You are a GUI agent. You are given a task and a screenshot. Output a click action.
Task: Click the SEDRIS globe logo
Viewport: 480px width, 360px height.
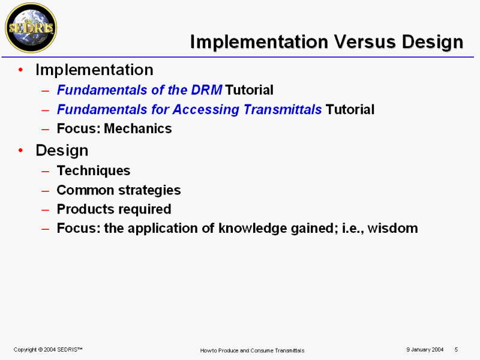tap(31, 28)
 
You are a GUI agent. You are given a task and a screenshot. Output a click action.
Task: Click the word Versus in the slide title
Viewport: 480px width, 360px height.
tap(365, 41)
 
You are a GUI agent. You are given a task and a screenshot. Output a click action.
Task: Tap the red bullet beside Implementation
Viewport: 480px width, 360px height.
tap(20, 70)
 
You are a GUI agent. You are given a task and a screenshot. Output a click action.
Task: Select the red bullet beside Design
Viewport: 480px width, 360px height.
tap(20, 151)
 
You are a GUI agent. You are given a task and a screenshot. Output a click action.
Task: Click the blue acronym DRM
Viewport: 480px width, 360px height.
tap(206, 90)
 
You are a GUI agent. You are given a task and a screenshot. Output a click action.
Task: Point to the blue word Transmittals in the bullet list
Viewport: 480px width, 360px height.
tap(283, 109)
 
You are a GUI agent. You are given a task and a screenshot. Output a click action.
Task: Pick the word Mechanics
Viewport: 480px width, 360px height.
tap(138, 128)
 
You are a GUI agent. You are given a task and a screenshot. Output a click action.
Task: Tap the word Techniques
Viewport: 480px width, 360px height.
tap(94, 171)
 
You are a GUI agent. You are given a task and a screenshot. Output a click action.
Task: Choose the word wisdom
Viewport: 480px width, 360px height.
tap(393, 229)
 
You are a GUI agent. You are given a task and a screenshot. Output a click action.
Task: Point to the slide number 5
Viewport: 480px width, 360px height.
tap(456, 350)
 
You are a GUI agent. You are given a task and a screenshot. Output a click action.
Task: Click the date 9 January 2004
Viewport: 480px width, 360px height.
tap(425, 350)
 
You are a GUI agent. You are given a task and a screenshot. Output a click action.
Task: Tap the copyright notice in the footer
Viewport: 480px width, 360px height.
tap(48, 350)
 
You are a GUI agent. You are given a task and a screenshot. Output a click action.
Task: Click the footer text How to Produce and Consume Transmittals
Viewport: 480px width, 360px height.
tap(252, 350)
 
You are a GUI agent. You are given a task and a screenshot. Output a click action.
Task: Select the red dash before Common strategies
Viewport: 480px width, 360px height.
tap(46, 191)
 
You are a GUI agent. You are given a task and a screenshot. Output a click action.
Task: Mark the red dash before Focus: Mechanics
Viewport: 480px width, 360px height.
tap(46, 129)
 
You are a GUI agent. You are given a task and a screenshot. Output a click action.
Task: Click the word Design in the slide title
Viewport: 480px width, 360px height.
tap(433, 42)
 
